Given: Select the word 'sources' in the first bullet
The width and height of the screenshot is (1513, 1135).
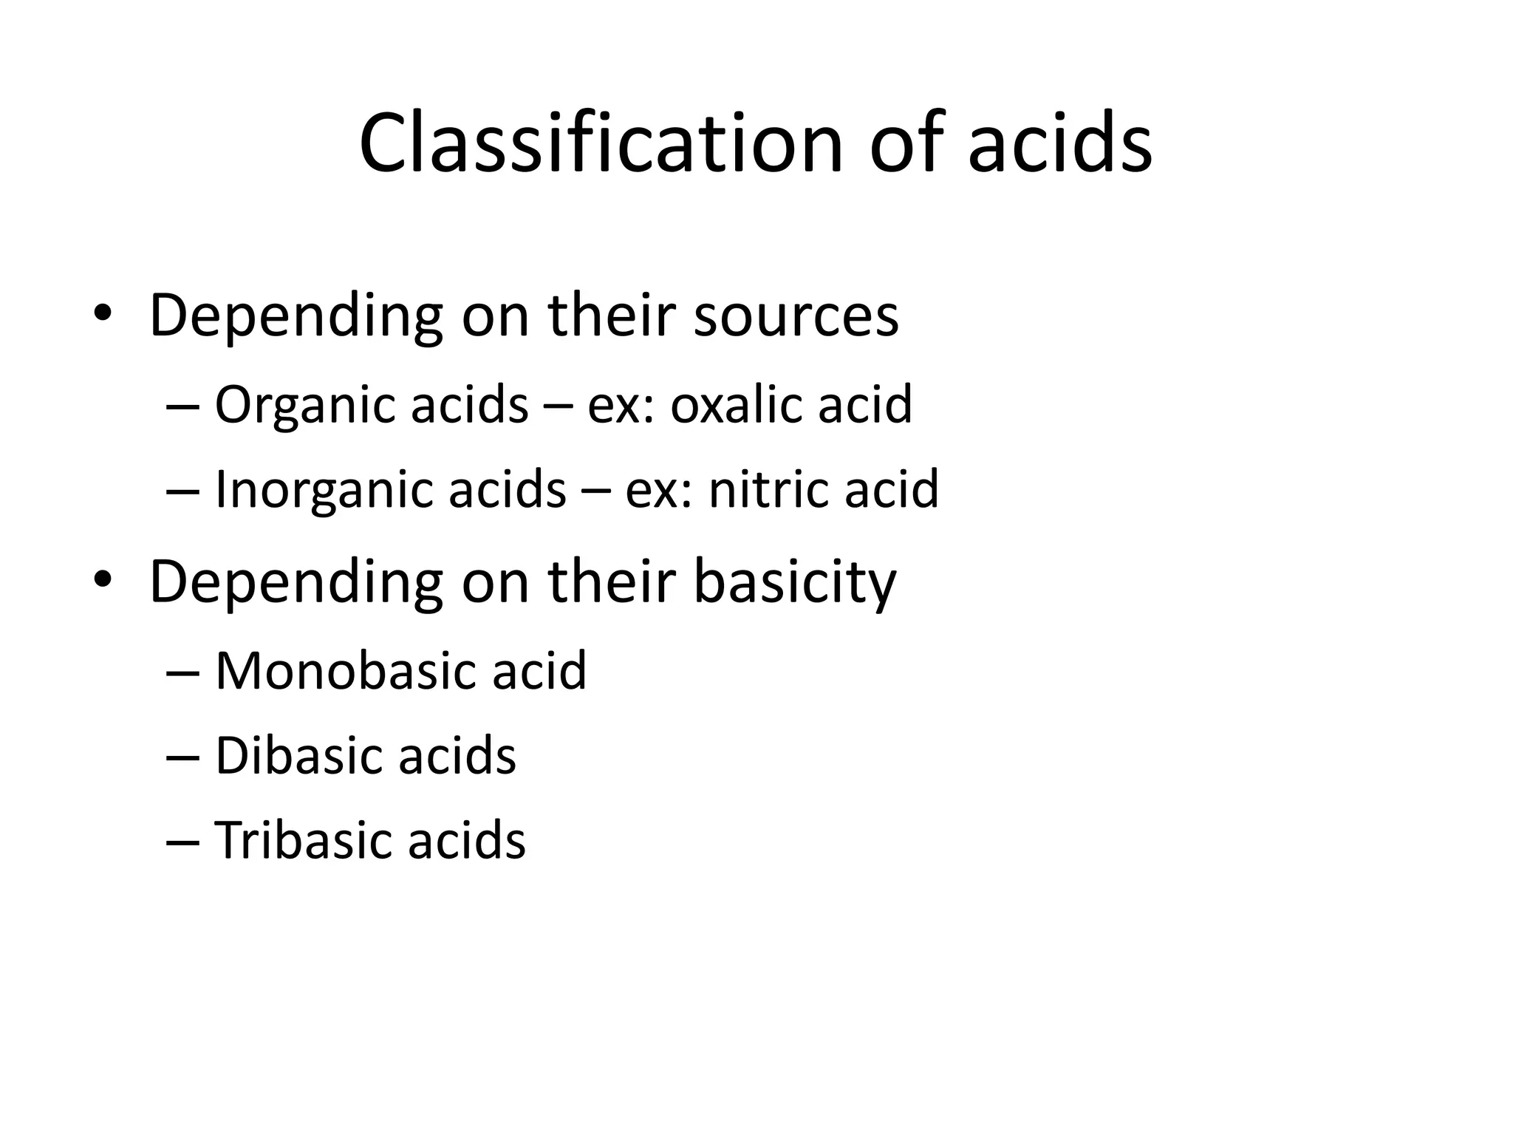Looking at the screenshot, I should click(x=796, y=316).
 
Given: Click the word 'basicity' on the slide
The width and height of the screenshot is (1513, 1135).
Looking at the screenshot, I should click(x=795, y=582).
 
